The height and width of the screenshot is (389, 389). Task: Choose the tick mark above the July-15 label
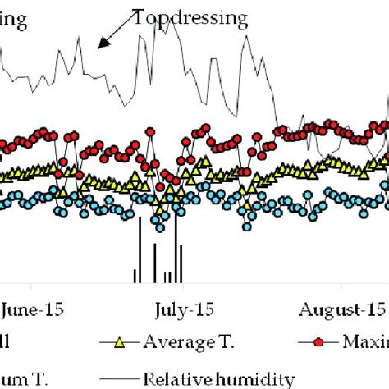181,286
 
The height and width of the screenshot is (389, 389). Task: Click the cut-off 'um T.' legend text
17,378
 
